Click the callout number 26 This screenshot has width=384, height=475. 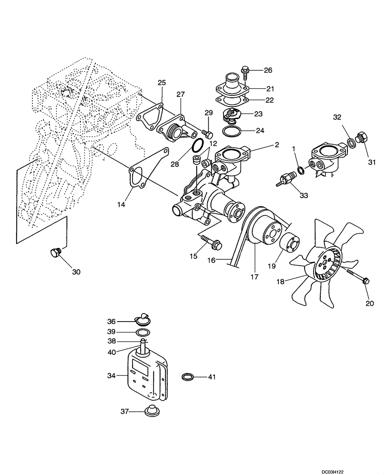[x=268, y=70]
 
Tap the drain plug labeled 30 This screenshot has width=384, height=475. [x=56, y=252]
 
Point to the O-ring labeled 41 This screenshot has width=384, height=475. [x=189, y=377]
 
